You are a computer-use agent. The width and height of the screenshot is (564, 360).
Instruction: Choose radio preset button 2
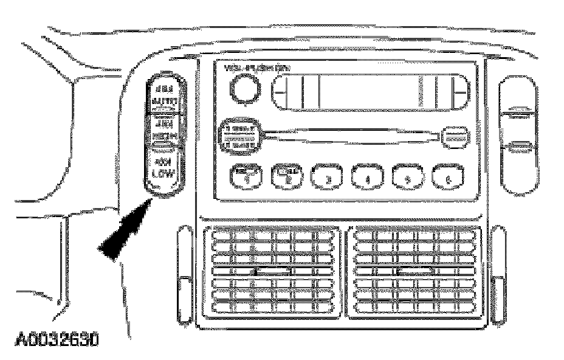click(x=286, y=177)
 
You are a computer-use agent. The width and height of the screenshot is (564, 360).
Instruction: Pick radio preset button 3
click(x=326, y=177)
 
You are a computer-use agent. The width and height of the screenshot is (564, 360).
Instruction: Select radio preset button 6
click(x=449, y=177)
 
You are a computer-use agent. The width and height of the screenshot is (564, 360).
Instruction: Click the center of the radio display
click(x=370, y=92)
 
